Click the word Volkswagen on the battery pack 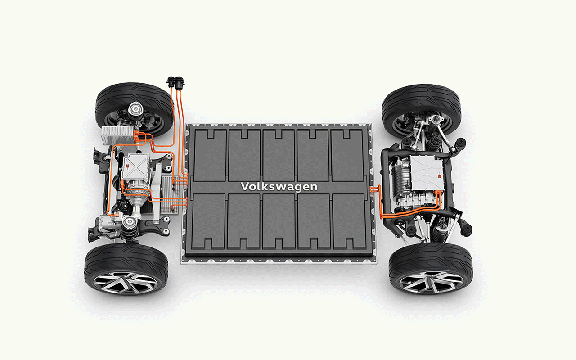(x=279, y=187)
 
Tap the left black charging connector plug (x=171, y=82)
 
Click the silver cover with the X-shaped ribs (x=135, y=166)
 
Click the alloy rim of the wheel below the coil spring (x=125, y=283)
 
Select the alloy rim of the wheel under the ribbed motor (x=431, y=282)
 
